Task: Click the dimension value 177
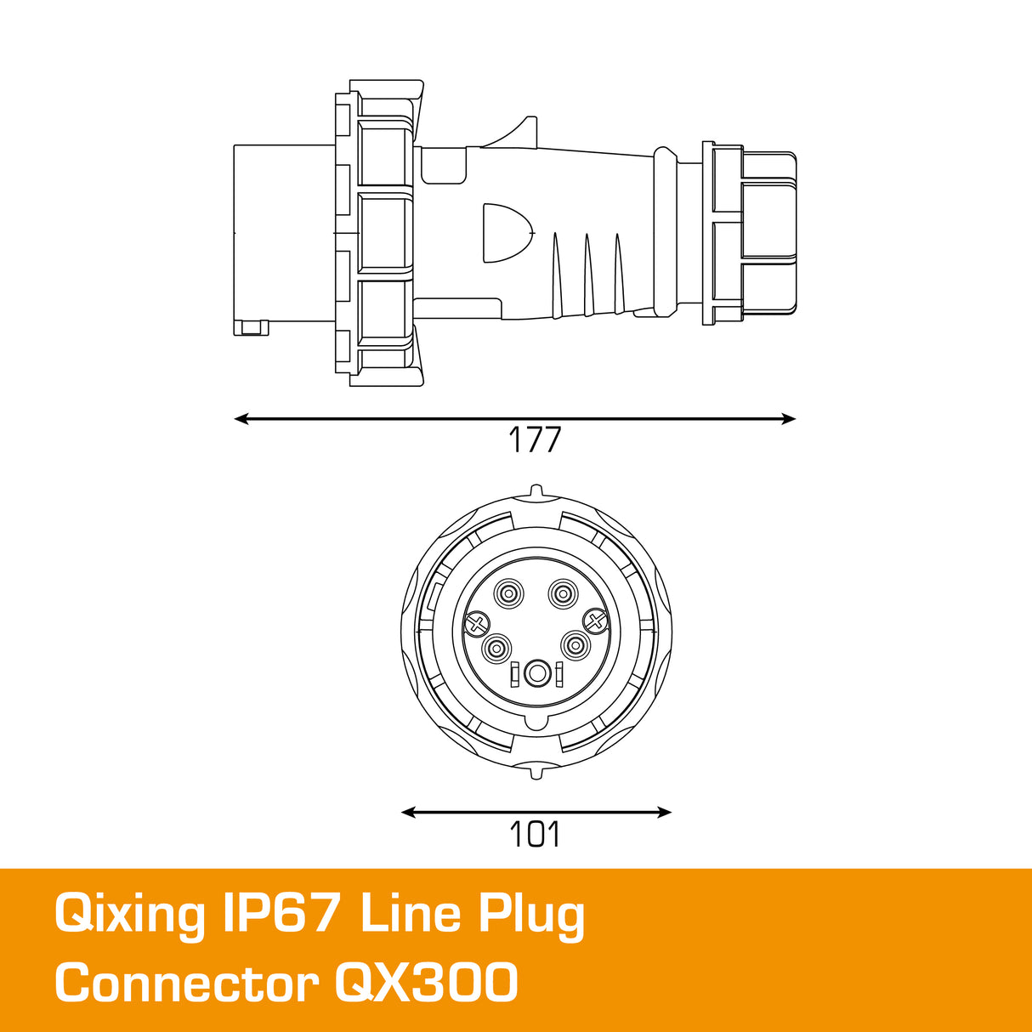click(535, 440)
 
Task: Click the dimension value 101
click(535, 835)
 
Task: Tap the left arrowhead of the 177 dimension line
click(241, 418)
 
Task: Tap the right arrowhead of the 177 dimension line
click(790, 418)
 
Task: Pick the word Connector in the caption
click(186, 984)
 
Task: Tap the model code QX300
click(426, 984)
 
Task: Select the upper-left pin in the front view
click(509, 593)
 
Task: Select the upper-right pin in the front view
click(561, 593)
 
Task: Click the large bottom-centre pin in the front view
click(536, 674)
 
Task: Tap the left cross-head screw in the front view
click(477, 625)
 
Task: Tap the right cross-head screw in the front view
click(595, 623)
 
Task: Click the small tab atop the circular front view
click(536, 490)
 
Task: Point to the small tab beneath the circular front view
click(536, 773)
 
